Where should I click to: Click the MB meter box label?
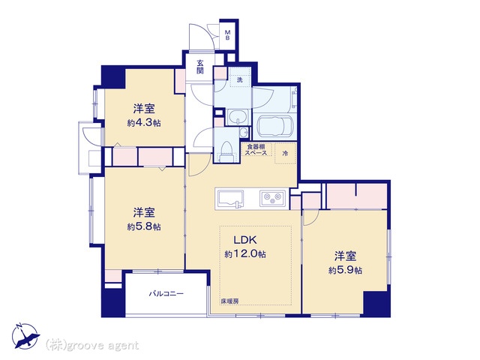228,35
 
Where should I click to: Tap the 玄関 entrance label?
200,67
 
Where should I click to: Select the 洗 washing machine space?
240,80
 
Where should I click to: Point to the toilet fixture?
226,151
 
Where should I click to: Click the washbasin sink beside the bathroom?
237,117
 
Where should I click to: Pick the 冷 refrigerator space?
285,153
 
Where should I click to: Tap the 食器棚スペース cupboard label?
256,150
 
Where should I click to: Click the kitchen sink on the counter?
230,199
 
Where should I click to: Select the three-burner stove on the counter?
273,198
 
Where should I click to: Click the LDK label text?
245,240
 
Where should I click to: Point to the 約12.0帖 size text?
245,253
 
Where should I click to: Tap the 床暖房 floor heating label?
229,301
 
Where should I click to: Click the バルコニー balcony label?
166,294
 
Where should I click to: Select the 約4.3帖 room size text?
144,123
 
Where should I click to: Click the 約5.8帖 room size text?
144,226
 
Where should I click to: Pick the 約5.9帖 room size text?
345,270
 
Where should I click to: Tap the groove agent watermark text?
92,345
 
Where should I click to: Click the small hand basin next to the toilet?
244,132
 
